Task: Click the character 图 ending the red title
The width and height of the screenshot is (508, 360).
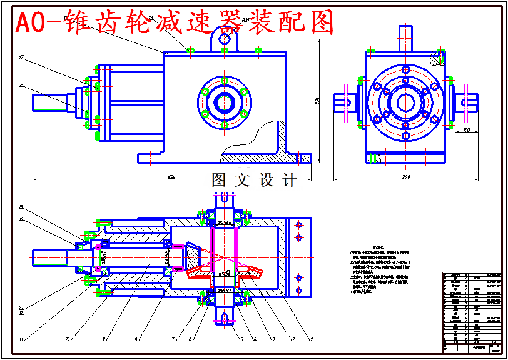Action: (318, 22)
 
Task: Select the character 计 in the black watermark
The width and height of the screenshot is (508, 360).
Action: (290, 180)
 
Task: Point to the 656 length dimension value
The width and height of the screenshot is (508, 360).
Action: (171, 177)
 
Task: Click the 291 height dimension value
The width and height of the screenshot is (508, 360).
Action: (318, 100)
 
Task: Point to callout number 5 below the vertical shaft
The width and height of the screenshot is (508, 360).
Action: (241, 339)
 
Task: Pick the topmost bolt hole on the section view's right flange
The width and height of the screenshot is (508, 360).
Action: (298, 224)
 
